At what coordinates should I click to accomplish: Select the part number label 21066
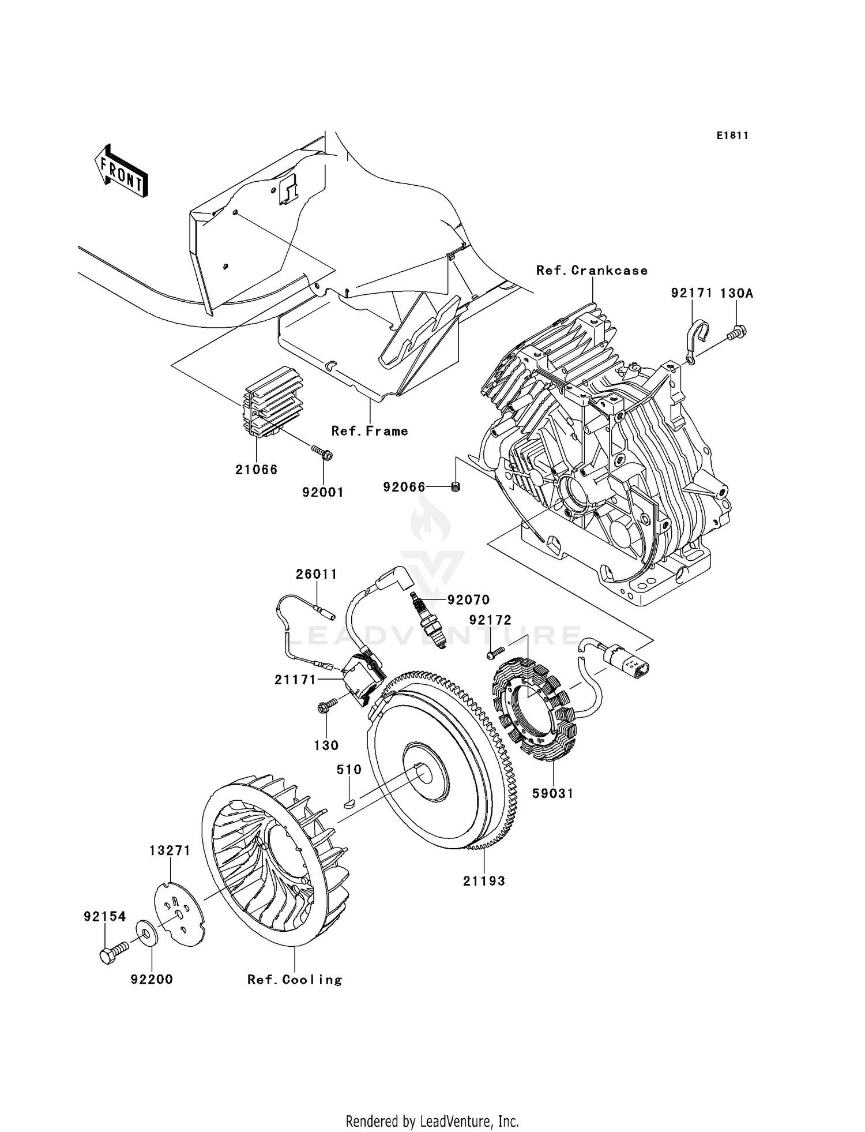[x=256, y=470]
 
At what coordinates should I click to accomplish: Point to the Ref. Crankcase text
[x=592, y=271]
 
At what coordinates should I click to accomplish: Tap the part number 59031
[x=552, y=794]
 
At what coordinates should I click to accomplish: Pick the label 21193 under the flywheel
[x=484, y=881]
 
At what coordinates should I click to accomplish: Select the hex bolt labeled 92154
[x=112, y=953]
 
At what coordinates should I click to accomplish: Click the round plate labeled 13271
[x=180, y=912]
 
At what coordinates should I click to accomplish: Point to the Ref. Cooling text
[x=295, y=980]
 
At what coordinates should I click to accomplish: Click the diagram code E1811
[x=732, y=136]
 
